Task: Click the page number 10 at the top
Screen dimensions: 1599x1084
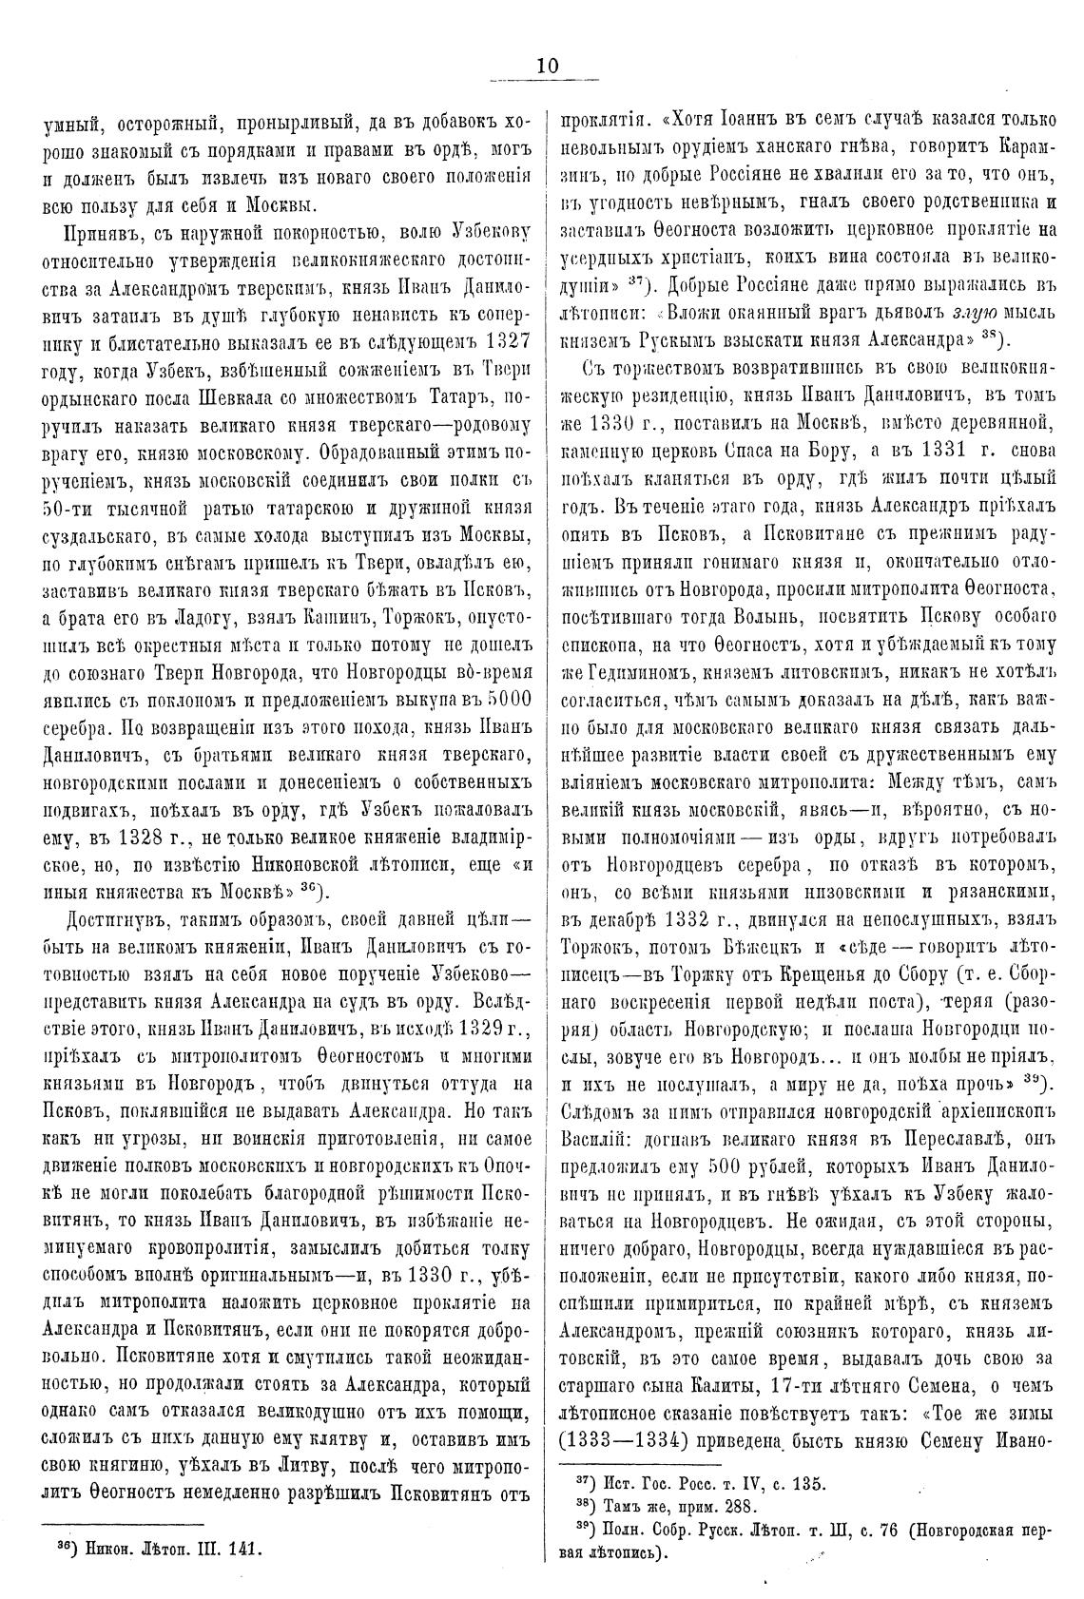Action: pos(547,65)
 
